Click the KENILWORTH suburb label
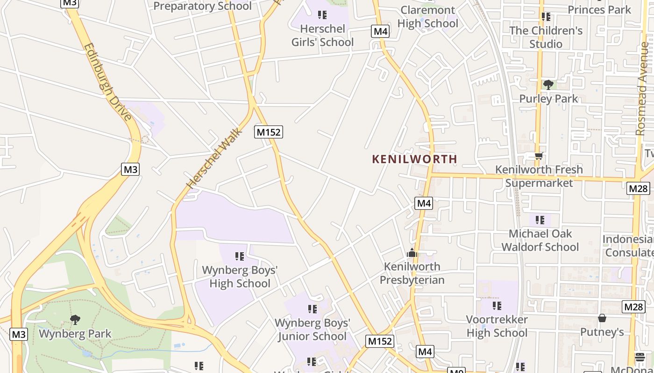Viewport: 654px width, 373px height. (414, 159)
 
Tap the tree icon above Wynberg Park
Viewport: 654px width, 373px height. (75, 320)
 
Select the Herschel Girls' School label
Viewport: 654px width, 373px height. (322, 35)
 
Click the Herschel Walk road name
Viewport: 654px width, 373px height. (214, 158)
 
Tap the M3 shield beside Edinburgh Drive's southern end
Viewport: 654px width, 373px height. (130, 169)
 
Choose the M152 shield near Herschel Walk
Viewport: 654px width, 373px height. (269, 132)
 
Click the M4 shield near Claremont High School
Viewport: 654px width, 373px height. (380, 32)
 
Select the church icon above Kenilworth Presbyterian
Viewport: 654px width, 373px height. (412, 253)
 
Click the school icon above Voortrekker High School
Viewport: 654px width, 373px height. (497, 306)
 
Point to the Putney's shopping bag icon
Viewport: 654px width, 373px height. (602, 318)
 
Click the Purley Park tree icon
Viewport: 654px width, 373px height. (548, 85)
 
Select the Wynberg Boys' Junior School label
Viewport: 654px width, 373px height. (312, 329)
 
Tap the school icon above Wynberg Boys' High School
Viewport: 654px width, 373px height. (240, 256)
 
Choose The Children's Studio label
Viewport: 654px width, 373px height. (546, 37)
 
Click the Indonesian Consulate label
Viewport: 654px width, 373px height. (628, 246)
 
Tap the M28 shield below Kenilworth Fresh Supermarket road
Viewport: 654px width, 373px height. (638, 188)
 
